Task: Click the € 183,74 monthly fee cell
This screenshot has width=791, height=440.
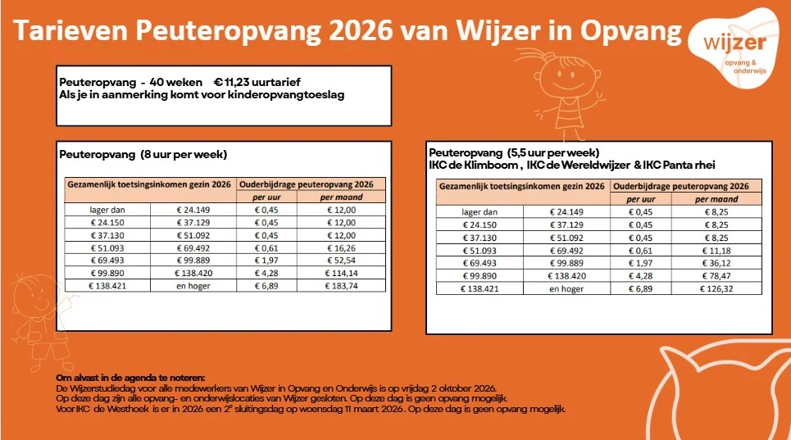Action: [x=341, y=286]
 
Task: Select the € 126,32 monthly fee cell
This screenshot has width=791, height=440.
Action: [x=716, y=288]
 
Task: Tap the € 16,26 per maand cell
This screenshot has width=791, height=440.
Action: [x=341, y=248]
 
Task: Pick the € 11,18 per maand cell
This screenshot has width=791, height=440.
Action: [x=716, y=251]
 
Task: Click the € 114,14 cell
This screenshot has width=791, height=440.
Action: [x=341, y=273]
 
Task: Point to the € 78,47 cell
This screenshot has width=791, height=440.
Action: [x=716, y=275]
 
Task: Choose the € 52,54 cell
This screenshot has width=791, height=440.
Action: [x=341, y=261]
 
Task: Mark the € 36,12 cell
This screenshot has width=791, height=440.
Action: [x=716, y=263]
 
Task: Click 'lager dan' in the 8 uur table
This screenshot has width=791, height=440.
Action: [x=107, y=211]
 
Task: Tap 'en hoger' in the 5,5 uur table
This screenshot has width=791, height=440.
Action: [x=566, y=288]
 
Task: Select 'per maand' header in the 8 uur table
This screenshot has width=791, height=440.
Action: [x=342, y=197]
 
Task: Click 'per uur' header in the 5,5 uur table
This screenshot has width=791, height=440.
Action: [x=641, y=199]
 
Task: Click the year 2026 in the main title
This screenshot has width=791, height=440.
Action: [x=360, y=31]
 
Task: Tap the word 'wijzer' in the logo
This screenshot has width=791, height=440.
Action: [x=735, y=43]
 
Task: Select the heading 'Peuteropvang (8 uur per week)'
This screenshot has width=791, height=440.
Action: [x=143, y=154]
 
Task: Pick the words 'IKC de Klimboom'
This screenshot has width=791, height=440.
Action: [x=473, y=165]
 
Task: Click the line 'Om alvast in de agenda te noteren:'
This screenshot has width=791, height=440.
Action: [x=130, y=378]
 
